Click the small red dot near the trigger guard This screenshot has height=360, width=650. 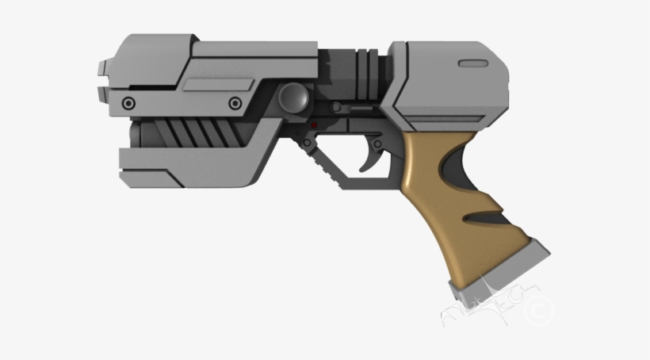[x=315, y=125]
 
